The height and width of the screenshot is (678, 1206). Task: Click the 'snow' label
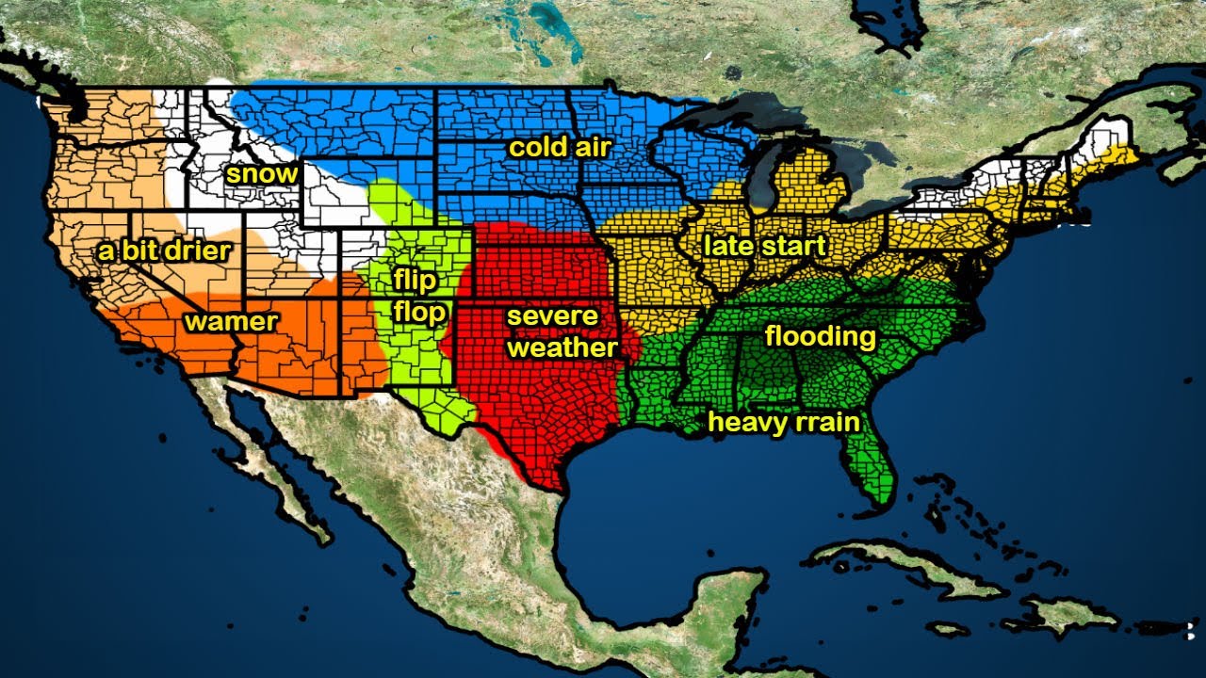click(261, 174)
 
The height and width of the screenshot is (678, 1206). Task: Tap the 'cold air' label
click(560, 148)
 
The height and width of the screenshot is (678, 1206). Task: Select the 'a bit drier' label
click(164, 250)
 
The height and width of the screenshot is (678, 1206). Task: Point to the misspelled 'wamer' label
click(231, 322)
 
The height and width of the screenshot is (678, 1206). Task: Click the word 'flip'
click(414, 281)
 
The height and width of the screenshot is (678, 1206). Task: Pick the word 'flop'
click(418, 313)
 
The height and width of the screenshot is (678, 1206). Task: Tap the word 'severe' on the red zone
click(552, 315)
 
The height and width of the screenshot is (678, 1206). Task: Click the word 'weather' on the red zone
click(562, 347)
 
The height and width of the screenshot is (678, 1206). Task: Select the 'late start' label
click(763, 247)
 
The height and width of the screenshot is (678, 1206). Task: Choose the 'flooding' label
click(820, 336)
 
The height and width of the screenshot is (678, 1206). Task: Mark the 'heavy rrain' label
click(784, 422)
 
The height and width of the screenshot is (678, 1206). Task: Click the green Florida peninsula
click(872, 471)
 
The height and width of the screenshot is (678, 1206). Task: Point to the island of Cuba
click(904, 565)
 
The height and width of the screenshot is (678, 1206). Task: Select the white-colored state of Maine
click(1112, 137)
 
